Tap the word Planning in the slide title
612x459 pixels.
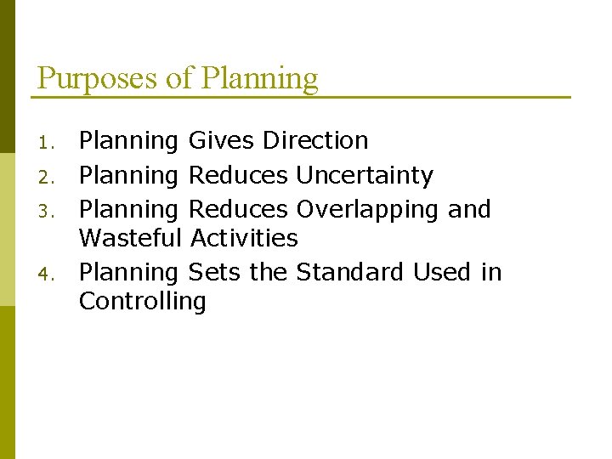(x=259, y=78)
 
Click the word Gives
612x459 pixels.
(x=222, y=140)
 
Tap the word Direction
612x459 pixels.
(x=315, y=140)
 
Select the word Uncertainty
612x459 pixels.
(x=365, y=175)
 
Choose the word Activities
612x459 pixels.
(x=245, y=238)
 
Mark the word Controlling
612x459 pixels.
(x=142, y=302)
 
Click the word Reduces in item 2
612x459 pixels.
(x=238, y=175)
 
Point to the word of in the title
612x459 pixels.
(x=179, y=78)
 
